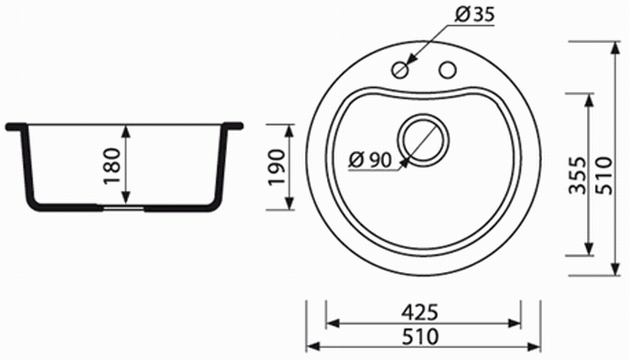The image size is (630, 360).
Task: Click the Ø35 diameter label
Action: point(475,15)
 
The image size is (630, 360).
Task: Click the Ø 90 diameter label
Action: point(370,160)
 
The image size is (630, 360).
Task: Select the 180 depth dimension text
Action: point(112,166)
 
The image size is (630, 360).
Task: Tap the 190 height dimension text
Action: point(276,167)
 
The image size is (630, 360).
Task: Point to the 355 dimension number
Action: point(578,175)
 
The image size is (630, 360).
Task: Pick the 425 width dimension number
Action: point(420,312)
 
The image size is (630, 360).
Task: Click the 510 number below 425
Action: point(420,337)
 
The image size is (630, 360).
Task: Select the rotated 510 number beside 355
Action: point(604,176)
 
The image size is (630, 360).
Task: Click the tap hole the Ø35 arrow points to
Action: point(400,70)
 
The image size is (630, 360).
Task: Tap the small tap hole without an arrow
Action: point(447,70)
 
